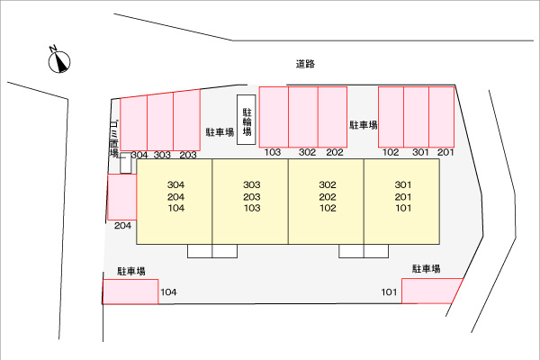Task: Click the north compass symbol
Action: [59, 62]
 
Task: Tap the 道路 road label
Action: [305, 64]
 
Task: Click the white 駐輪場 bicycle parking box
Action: [247, 120]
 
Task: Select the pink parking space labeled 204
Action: [122, 197]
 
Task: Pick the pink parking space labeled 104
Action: [130, 292]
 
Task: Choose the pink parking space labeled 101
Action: [431, 291]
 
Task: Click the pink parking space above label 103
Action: [274, 117]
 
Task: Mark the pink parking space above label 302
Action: [303, 117]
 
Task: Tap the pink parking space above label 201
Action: [442, 117]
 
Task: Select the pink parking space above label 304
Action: [133, 123]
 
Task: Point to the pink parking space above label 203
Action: [187, 121]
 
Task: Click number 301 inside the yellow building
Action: [403, 185]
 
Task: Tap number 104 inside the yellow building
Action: [176, 208]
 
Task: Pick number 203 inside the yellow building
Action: [252, 197]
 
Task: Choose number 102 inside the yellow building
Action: [328, 208]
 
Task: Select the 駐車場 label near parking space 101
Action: [427, 269]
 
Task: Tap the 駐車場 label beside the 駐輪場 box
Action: [220, 132]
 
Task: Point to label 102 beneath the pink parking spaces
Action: [391, 152]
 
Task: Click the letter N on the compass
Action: [53, 49]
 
